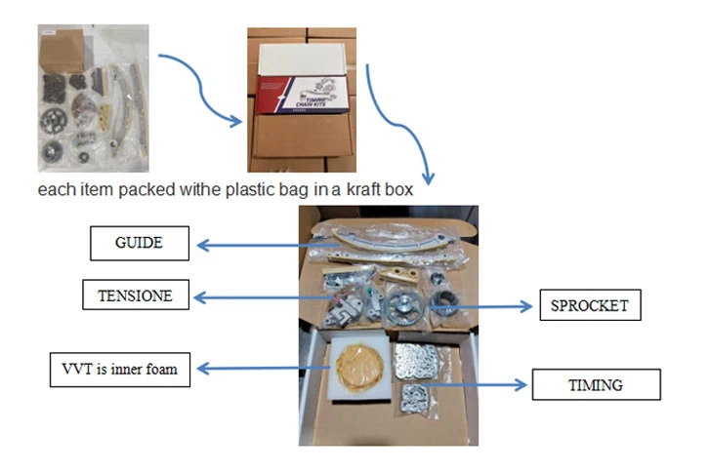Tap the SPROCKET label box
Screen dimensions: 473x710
coord(590,305)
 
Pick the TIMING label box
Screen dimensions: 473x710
coord(596,384)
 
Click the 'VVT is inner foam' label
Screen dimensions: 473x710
coord(120,369)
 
